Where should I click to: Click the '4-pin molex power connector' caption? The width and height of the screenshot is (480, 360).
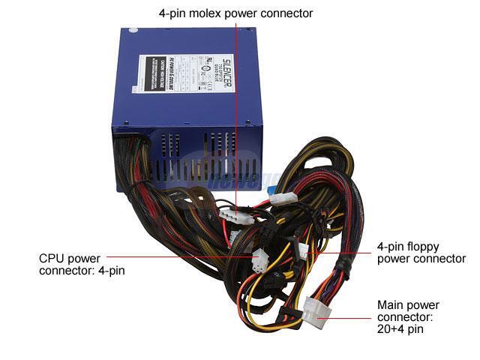(235, 13)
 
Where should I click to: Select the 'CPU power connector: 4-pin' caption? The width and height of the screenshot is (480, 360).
(81, 264)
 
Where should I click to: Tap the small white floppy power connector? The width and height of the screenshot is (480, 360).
(302, 251)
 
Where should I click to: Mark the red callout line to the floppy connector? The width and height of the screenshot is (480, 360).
(341, 252)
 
